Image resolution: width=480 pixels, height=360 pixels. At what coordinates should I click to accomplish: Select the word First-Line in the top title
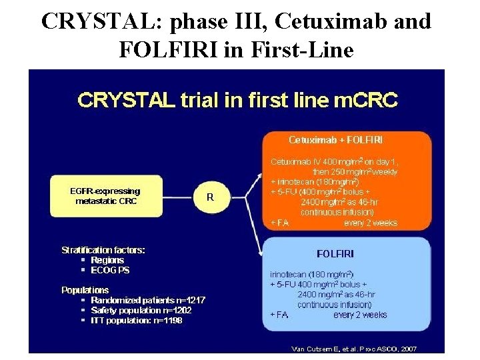[x=298, y=49]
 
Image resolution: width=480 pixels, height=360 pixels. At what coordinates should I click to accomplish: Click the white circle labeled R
[x=211, y=197]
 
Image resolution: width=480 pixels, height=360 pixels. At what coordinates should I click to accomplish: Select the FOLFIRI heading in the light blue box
[x=335, y=254]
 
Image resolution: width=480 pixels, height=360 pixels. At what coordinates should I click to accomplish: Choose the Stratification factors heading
[x=103, y=250]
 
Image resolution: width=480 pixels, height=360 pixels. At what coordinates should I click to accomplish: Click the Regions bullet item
[x=107, y=260]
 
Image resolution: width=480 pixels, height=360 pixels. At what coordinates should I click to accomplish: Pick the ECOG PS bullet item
[x=110, y=270]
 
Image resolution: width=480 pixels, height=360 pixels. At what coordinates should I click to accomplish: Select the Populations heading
[x=85, y=290]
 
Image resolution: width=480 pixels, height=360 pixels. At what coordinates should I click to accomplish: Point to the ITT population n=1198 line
[x=136, y=320]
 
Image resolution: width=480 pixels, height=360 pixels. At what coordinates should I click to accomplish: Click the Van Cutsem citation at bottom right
[x=354, y=348]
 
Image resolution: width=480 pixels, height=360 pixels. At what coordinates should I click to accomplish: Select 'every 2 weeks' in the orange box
[x=370, y=223]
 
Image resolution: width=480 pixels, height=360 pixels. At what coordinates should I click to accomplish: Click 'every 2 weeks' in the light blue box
[x=360, y=315]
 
